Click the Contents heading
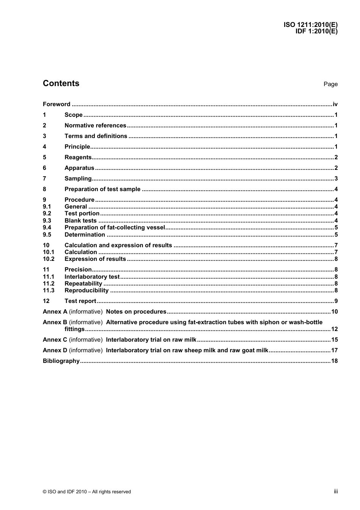61,83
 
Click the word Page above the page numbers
330,84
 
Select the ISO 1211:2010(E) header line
310,25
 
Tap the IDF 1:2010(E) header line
316,31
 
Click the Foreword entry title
56,104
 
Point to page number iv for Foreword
335,104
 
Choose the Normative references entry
95,126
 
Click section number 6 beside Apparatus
44,168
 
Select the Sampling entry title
78,179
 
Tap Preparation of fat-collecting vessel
115,228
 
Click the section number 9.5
47,235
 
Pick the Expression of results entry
95,259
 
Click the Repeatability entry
83,284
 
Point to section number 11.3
49,290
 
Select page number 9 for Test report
336,301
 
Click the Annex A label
55,312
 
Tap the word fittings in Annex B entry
74,329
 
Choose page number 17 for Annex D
334,350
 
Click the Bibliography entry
61,361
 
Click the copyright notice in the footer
87,492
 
